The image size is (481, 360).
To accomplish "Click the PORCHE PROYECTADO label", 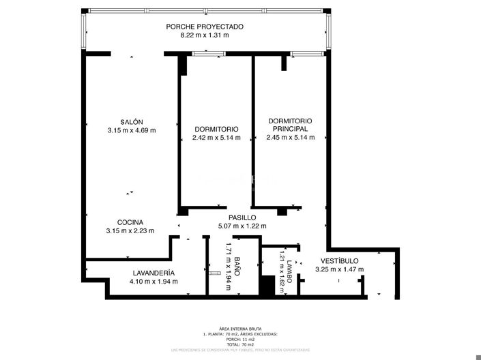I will coord(205,27).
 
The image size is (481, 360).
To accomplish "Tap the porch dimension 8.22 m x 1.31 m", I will coord(205,35).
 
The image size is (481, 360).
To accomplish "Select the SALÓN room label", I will coord(132,121).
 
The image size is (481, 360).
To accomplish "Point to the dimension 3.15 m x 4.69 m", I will coord(132,130).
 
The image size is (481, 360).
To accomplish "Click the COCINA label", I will coord(130,222).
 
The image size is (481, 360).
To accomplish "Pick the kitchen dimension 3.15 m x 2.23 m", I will coord(130,231).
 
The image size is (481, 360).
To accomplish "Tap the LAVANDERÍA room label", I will coord(154,272).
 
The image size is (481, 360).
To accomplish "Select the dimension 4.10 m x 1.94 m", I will coord(154,281).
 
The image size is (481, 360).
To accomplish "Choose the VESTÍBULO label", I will coord(339,260).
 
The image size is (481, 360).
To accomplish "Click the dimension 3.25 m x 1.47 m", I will coord(339,269).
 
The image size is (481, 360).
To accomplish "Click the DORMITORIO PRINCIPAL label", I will coord(290,124).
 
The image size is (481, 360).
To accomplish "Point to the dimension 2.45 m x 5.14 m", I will coord(290,138).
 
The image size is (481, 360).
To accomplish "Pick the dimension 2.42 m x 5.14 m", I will coord(216,138).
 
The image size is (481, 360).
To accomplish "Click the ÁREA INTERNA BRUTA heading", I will coord(240,329).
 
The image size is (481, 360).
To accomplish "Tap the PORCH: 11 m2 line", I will coord(240,340).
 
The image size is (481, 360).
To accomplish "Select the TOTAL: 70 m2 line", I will coord(240,344).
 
